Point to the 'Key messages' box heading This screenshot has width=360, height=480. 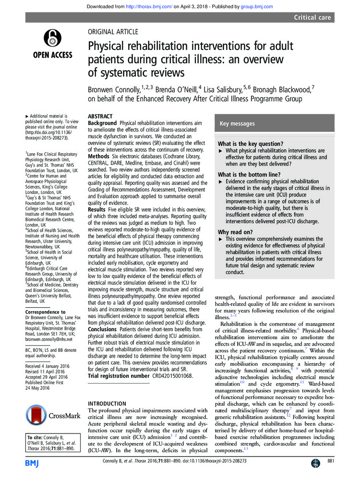tap(237, 124)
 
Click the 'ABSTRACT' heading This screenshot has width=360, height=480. tap(100, 117)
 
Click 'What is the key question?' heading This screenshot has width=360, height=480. tap(250, 144)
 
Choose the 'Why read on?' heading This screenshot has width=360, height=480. tap(235, 232)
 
